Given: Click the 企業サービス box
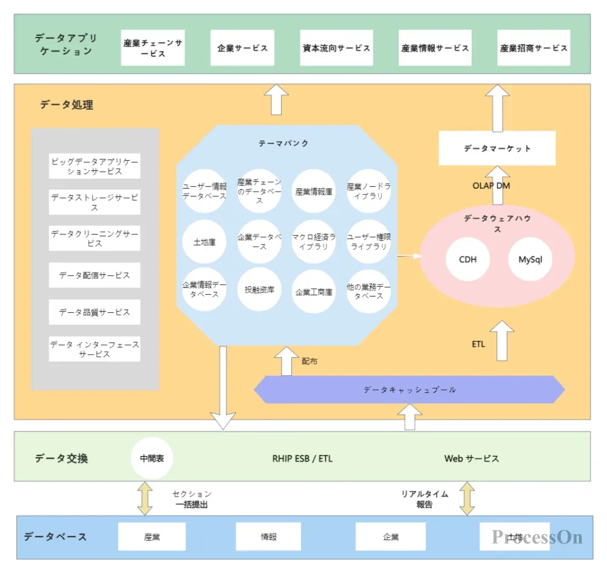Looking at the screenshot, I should (x=242, y=48).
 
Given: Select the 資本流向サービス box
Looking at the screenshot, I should (x=336, y=48).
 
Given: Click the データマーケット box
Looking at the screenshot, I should (x=497, y=149).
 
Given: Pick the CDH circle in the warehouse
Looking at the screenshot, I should (x=467, y=260).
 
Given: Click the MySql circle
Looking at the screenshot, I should (x=530, y=260).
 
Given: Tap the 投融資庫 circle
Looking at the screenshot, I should (x=259, y=290).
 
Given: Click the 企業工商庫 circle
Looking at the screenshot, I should (x=314, y=292).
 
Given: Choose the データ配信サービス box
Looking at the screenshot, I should (x=95, y=275).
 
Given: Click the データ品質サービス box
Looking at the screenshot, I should (x=95, y=312).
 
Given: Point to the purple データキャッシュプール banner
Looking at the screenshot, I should (x=409, y=390).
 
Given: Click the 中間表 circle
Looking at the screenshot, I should (x=152, y=458).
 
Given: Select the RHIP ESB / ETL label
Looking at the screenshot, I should (x=302, y=458).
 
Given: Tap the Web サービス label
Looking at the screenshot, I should (x=472, y=458).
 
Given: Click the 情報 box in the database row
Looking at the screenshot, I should (x=269, y=537).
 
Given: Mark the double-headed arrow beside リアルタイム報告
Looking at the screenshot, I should (x=467, y=498).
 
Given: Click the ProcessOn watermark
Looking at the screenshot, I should (x=537, y=537).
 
